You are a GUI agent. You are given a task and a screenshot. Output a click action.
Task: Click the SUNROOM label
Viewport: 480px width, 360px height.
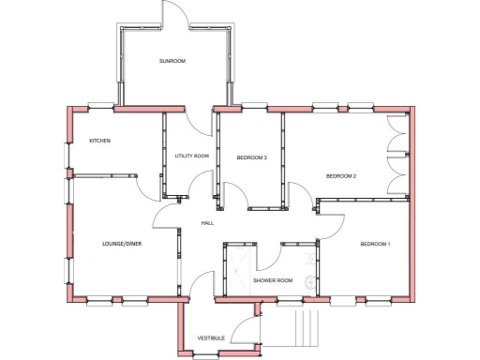click(x=172, y=61)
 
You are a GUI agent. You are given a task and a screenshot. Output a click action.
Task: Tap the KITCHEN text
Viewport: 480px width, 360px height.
click(x=99, y=141)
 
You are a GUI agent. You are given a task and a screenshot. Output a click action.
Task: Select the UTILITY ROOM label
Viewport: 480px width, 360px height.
click(x=191, y=157)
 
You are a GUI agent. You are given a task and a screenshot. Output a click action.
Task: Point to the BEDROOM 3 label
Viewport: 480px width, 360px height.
click(x=251, y=157)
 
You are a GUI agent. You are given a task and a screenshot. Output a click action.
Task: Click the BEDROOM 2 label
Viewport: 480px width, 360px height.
click(x=341, y=176)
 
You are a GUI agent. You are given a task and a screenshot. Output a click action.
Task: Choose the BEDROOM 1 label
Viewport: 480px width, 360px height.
click(x=375, y=245)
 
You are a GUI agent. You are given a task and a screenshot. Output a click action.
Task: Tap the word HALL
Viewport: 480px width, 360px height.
click(x=207, y=223)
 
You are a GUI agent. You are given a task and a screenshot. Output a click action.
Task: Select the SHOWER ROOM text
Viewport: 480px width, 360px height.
click(x=273, y=280)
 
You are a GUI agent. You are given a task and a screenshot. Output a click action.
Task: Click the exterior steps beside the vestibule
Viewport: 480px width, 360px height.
click(x=307, y=329)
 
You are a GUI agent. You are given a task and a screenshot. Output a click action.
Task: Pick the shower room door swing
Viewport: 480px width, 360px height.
click(x=266, y=255)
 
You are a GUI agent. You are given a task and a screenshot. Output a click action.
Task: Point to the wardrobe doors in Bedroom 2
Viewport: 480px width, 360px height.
click(x=397, y=155)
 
